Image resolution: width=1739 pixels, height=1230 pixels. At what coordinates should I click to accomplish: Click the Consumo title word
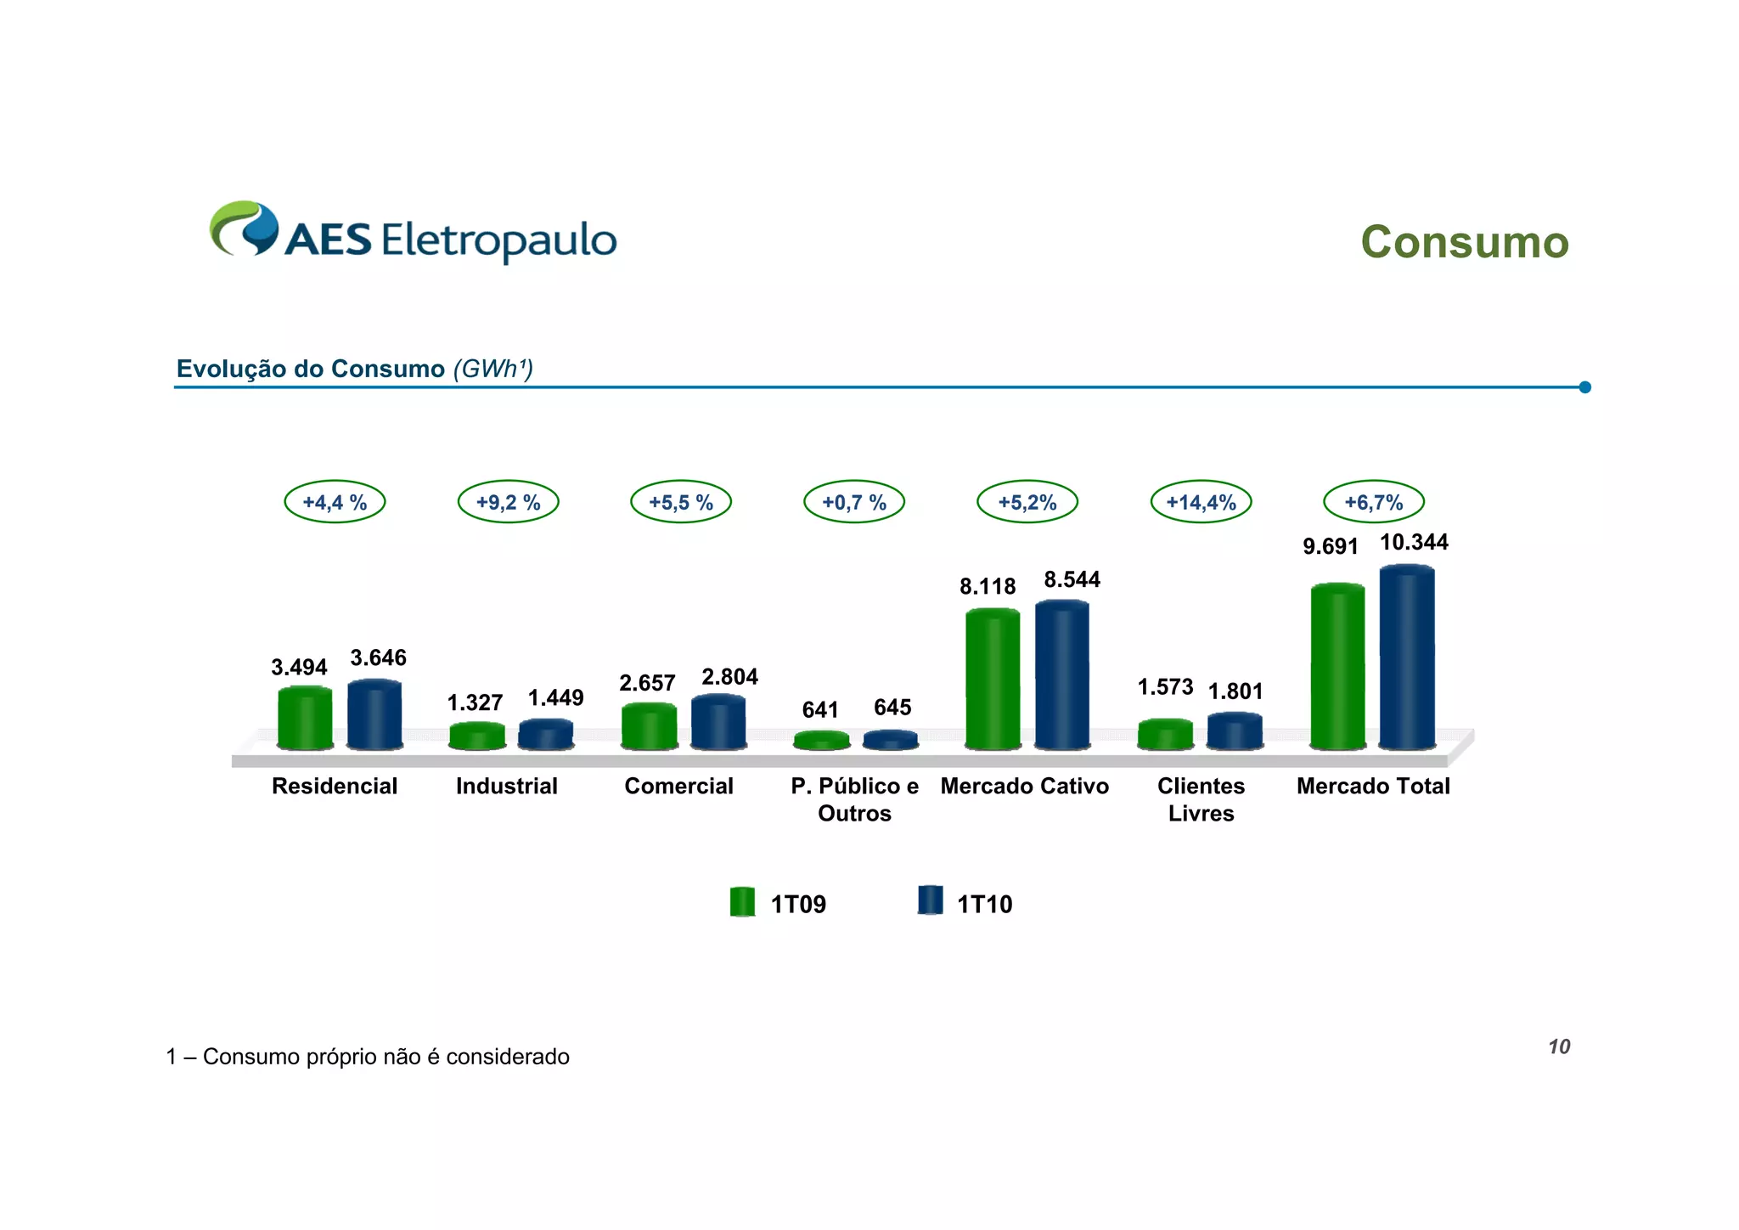1464,243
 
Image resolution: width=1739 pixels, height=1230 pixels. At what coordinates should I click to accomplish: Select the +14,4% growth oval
1201,502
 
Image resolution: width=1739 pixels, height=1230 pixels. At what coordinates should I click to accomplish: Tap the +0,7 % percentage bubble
854,502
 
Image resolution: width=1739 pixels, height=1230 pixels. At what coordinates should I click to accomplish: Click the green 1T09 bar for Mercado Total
1337,667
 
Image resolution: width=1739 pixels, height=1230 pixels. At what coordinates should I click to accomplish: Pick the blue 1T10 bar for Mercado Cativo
1061,675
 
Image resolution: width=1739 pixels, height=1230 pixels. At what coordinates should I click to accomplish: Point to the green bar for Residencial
305,718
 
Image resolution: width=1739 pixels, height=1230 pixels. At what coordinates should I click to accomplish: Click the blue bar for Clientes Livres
1235,731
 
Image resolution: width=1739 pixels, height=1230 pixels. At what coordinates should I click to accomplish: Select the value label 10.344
1414,542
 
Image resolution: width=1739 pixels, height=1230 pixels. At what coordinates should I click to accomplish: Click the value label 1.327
475,702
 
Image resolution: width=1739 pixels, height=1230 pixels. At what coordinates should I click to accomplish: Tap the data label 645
892,707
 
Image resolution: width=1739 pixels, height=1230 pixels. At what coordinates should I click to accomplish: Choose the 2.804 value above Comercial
729,677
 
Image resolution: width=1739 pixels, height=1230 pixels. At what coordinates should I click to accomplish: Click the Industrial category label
507,786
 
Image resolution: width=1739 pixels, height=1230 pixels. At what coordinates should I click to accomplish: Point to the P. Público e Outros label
854,799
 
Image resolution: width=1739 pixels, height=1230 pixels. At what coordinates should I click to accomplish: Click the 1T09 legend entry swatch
742,902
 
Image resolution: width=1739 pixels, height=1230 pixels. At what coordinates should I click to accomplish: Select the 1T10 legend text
984,904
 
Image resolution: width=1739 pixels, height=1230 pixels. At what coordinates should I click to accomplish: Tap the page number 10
1559,1047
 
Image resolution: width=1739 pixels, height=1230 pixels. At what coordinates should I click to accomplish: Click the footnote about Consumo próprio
368,1057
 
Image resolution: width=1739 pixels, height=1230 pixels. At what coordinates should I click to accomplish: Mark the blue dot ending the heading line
1584,387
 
